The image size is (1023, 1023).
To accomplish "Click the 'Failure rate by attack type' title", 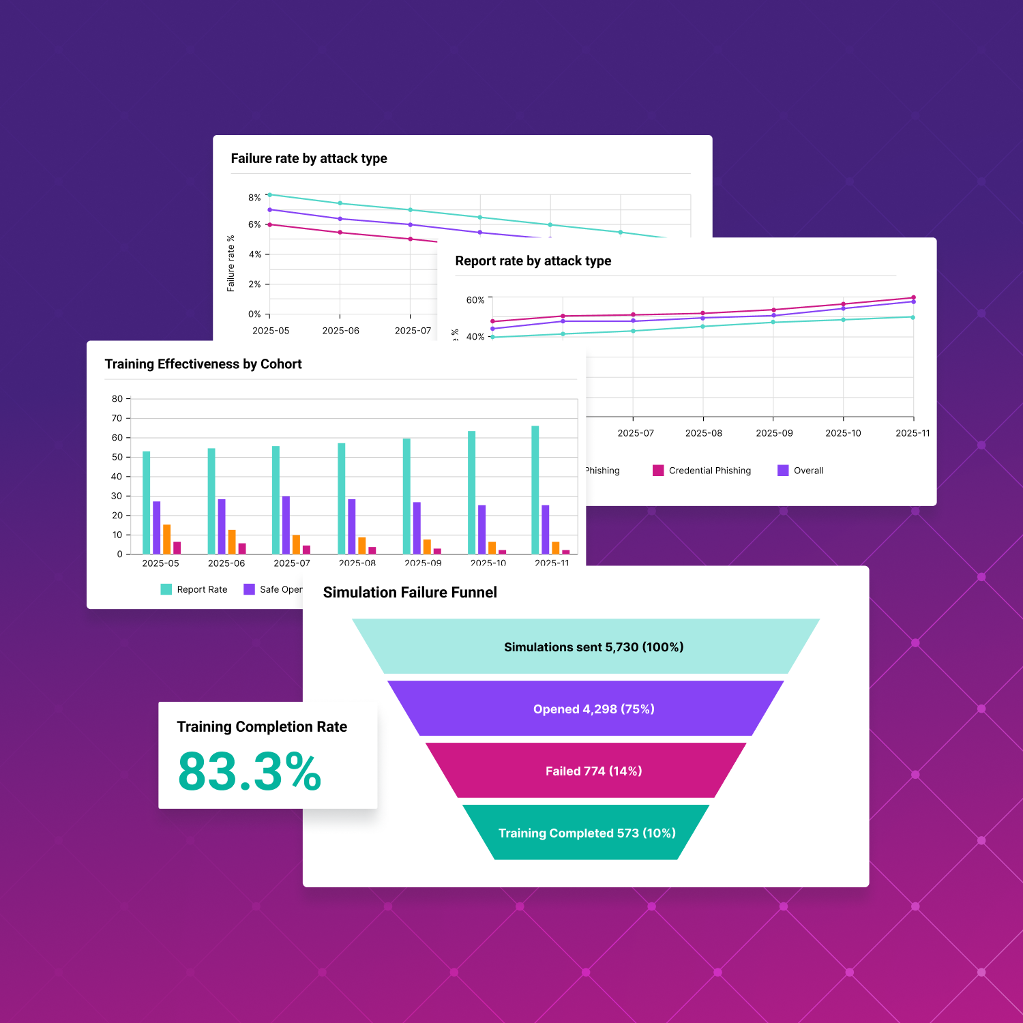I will [x=309, y=159].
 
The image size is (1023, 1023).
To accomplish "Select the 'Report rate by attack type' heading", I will [x=533, y=261].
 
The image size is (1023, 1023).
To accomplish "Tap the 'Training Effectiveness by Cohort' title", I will [x=203, y=364].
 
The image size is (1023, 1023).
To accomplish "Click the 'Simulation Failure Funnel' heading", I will [x=410, y=593].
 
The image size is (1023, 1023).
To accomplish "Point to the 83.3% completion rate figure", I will [x=250, y=772].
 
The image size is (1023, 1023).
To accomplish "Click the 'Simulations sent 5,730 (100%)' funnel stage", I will [x=593, y=647].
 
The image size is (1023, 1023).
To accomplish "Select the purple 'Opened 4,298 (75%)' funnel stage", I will [x=593, y=709].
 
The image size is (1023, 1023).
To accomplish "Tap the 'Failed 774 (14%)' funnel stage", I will [x=593, y=771].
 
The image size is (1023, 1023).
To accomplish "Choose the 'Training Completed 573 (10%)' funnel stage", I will [x=587, y=833].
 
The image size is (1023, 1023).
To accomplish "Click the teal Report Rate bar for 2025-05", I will [x=147, y=503].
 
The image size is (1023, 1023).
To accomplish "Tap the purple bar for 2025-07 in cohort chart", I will [x=286, y=525].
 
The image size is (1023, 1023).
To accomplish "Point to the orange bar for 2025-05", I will [x=167, y=539].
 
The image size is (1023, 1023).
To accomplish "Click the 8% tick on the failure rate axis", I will [x=254, y=198].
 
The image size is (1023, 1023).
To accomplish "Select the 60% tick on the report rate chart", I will [x=475, y=300].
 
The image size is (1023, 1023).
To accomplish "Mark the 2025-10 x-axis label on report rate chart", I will [x=843, y=433].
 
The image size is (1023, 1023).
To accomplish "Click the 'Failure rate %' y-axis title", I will [x=231, y=263].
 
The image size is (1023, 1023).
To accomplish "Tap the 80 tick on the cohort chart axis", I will [x=117, y=399].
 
